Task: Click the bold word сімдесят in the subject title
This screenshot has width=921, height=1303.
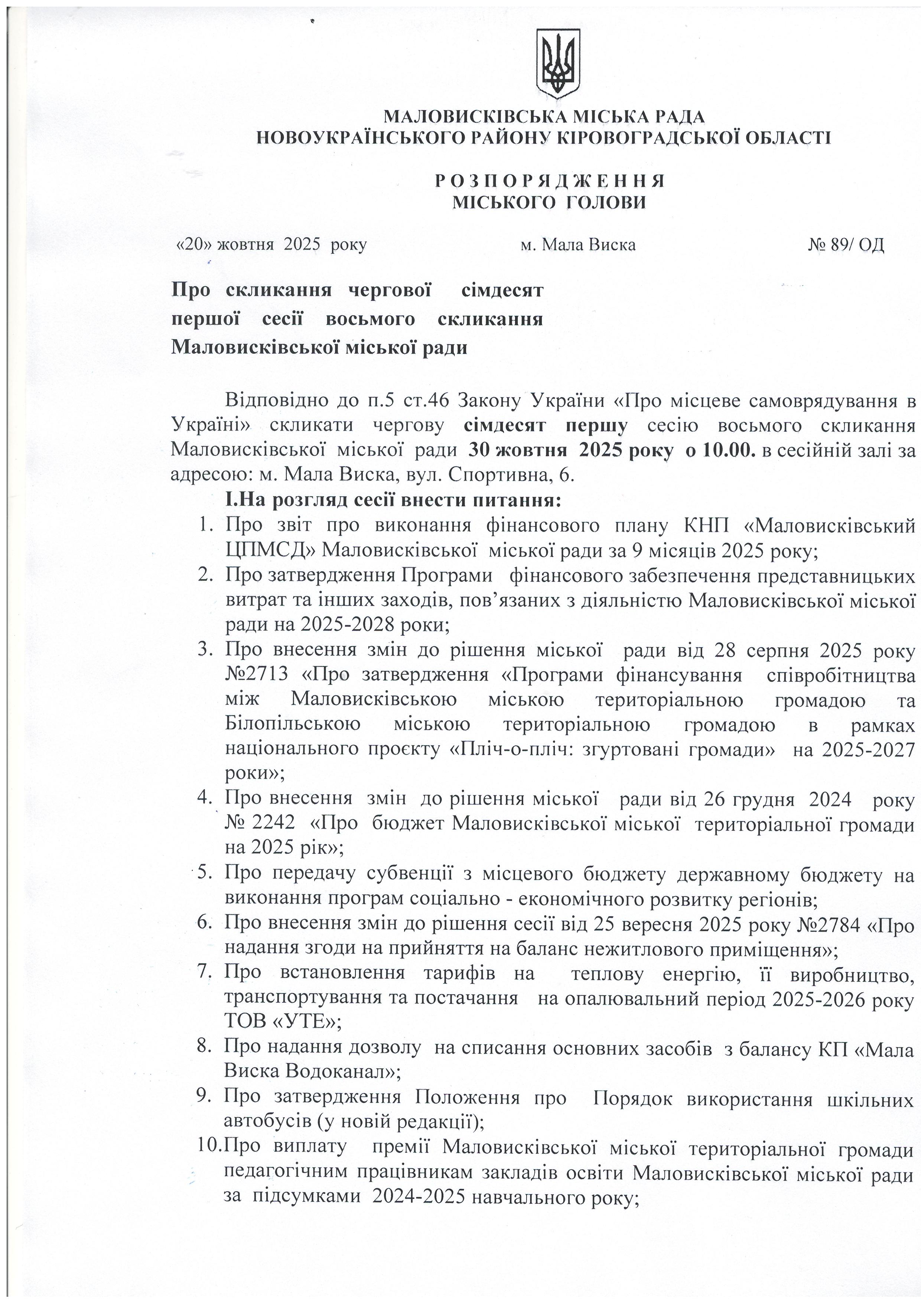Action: pyautogui.click(x=502, y=291)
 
